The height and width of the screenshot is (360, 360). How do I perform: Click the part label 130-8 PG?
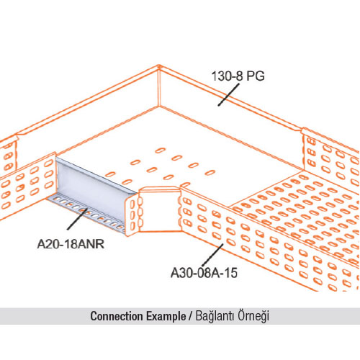click(238, 76)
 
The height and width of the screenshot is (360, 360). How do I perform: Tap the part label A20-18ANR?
click(71, 244)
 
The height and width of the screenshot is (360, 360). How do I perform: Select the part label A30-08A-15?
click(204, 273)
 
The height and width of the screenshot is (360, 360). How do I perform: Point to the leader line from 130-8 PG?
click(229, 94)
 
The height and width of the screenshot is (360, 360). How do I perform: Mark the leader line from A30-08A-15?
click(213, 255)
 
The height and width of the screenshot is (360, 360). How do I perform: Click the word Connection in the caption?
click(117, 316)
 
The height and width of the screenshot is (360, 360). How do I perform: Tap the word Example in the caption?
click(166, 317)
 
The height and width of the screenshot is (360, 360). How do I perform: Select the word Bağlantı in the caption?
click(215, 316)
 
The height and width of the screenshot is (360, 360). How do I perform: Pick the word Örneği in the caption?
click(253, 316)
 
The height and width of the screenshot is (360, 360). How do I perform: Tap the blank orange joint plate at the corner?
click(161, 210)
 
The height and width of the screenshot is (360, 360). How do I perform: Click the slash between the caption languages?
click(191, 316)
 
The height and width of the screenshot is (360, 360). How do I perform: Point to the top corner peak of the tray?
click(158, 66)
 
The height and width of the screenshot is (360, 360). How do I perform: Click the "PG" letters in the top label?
click(256, 76)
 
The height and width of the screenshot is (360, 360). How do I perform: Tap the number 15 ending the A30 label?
click(231, 273)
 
